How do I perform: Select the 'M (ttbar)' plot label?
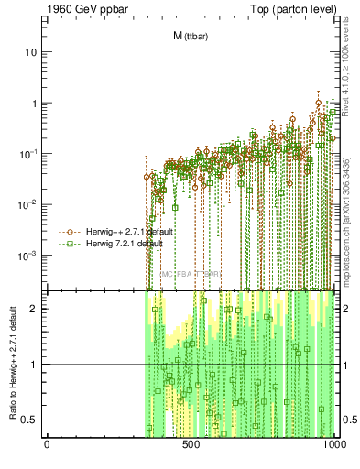190,37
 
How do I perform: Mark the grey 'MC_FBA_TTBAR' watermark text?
191,274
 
